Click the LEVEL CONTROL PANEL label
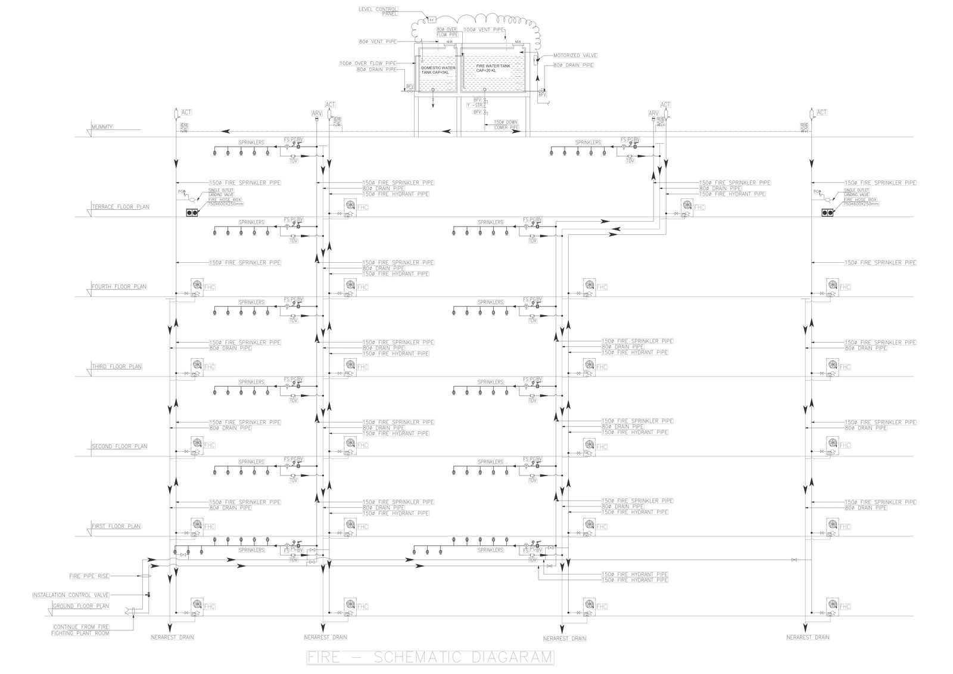point(378,11)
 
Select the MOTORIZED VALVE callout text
point(574,55)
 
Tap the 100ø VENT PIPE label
point(484,29)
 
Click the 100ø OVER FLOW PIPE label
point(368,63)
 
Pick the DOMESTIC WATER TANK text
point(438,70)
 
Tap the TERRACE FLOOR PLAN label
point(120,207)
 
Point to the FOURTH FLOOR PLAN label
point(119,287)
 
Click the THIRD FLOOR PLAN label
point(116,366)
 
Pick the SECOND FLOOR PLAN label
point(119,446)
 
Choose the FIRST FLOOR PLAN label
point(116,526)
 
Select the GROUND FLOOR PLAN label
point(81,606)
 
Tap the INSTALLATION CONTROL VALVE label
point(70,595)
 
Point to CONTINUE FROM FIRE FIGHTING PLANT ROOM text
point(81,630)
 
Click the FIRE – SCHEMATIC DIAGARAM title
point(429,657)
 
